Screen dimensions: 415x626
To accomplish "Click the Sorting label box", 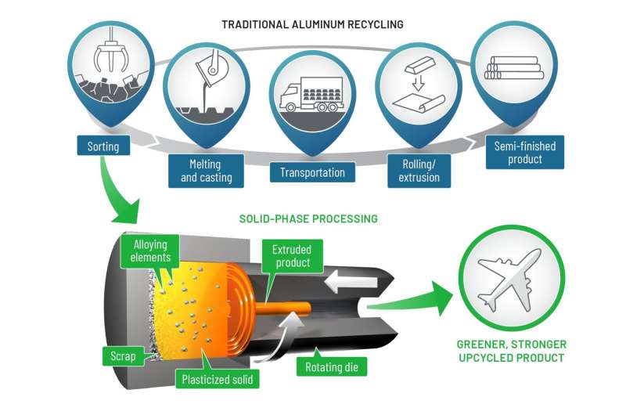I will click(x=103, y=145).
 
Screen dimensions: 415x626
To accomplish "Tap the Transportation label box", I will click(x=312, y=172).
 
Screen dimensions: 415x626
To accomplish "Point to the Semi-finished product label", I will click(x=524, y=153).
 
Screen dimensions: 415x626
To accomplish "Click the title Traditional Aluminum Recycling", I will click(x=312, y=24).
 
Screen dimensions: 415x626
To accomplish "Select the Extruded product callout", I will click(x=292, y=256).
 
